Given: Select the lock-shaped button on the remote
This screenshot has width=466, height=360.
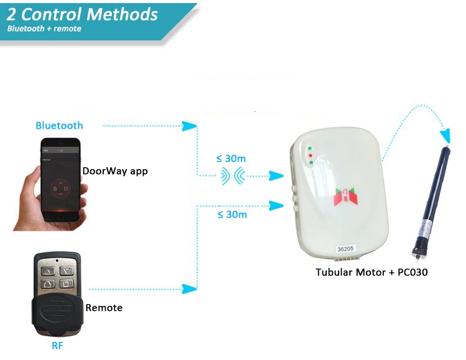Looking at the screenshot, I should pos(47,284).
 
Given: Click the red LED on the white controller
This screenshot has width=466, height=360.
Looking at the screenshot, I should pos(309,155).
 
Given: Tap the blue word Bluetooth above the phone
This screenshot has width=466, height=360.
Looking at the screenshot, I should pos(59,126).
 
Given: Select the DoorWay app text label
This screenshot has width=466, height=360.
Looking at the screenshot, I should pos(115,170).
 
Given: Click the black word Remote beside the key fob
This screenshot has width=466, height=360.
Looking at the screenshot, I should pos(104,308).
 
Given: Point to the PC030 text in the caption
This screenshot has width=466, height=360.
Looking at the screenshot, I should pos(413,272).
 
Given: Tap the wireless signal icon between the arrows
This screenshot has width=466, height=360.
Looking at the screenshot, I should pos(233,177).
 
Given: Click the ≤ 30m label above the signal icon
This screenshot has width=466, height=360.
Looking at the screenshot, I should pos(231,159).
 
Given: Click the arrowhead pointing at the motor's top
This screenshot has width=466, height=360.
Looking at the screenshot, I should pos(445,136).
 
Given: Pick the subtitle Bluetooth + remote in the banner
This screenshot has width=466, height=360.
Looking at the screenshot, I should pos(44,29).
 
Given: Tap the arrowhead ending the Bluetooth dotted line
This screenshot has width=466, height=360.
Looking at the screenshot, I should pos(189,126).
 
